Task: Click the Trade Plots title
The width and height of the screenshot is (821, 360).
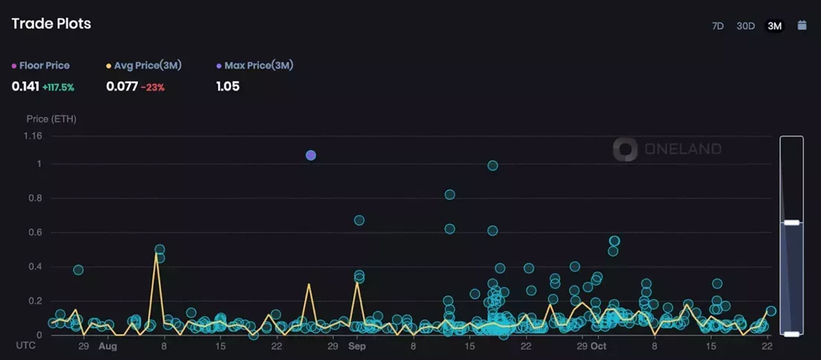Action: pyautogui.click(x=51, y=24)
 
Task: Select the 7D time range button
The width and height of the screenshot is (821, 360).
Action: pyautogui.click(x=718, y=26)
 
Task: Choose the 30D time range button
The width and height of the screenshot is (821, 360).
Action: pyautogui.click(x=745, y=26)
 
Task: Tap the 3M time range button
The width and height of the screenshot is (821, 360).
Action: pyautogui.click(x=774, y=26)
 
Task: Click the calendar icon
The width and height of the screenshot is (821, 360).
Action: pyautogui.click(x=802, y=25)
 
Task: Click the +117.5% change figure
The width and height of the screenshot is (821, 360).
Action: pyautogui.click(x=59, y=87)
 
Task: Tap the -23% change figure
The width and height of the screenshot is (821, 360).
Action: pyautogui.click(x=153, y=87)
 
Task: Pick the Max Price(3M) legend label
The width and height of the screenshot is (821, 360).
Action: pyautogui.click(x=258, y=65)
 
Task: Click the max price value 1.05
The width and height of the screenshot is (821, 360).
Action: pyautogui.click(x=228, y=86)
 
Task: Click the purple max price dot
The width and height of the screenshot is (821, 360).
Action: pyautogui.click(x=311, y=155)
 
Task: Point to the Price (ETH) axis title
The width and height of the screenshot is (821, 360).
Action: pyautogui.click(x=51, y=119)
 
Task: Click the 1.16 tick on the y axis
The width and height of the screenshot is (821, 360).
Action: pyautogui.click(x=33, y=136)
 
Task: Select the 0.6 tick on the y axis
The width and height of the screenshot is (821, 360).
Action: pyautogui.click(x=35, y=232)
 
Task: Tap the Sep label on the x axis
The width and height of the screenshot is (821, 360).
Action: pyautogui.click(x=357, y=346)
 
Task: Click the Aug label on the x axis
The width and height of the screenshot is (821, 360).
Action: pyautogui.click(x=108, y=346)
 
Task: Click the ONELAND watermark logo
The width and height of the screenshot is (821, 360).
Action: pyautogui.click(x=625, y=149)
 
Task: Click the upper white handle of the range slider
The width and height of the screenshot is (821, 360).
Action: pyautogui.click(x=791, y=222)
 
